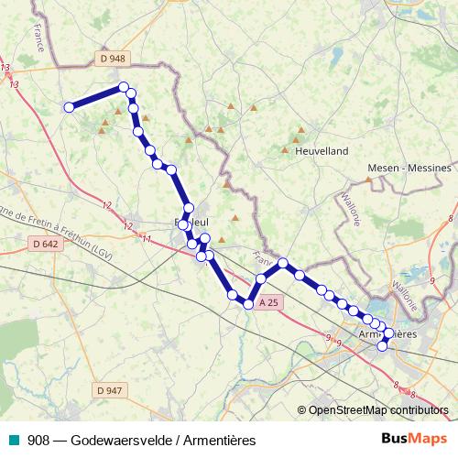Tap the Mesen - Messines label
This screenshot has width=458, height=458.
click(x=409, y=169)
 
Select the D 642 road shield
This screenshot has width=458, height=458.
click(x=43, y=244)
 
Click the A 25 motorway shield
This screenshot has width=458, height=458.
click(x=267, y=301)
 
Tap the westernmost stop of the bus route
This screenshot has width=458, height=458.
click(x=69, y=107)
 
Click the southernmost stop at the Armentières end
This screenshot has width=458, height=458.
click(x=383, y=344)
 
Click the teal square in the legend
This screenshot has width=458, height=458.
click(x=13, y=439)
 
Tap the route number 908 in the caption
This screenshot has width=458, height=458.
click(x=38, y=439)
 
